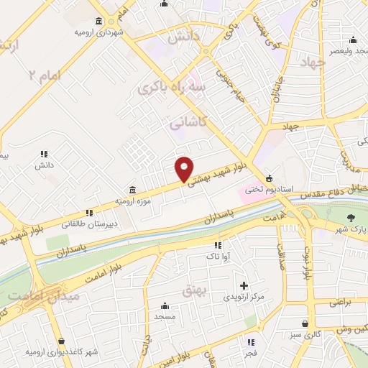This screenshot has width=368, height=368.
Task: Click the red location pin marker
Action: click(185, 169)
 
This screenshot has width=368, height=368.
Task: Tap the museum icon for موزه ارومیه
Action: click(132, 190)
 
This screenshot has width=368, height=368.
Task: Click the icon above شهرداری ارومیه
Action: click(98, 22)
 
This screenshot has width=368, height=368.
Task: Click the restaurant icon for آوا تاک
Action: click(218, 245)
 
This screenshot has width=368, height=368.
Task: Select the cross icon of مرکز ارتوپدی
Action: click(244, 285)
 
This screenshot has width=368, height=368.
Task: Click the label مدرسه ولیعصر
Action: click(344, 52)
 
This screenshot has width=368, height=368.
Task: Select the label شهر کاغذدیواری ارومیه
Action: click(61, 352)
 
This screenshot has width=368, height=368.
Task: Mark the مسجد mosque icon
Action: click(165, 305)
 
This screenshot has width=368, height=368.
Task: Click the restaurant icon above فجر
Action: click(251, 342)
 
